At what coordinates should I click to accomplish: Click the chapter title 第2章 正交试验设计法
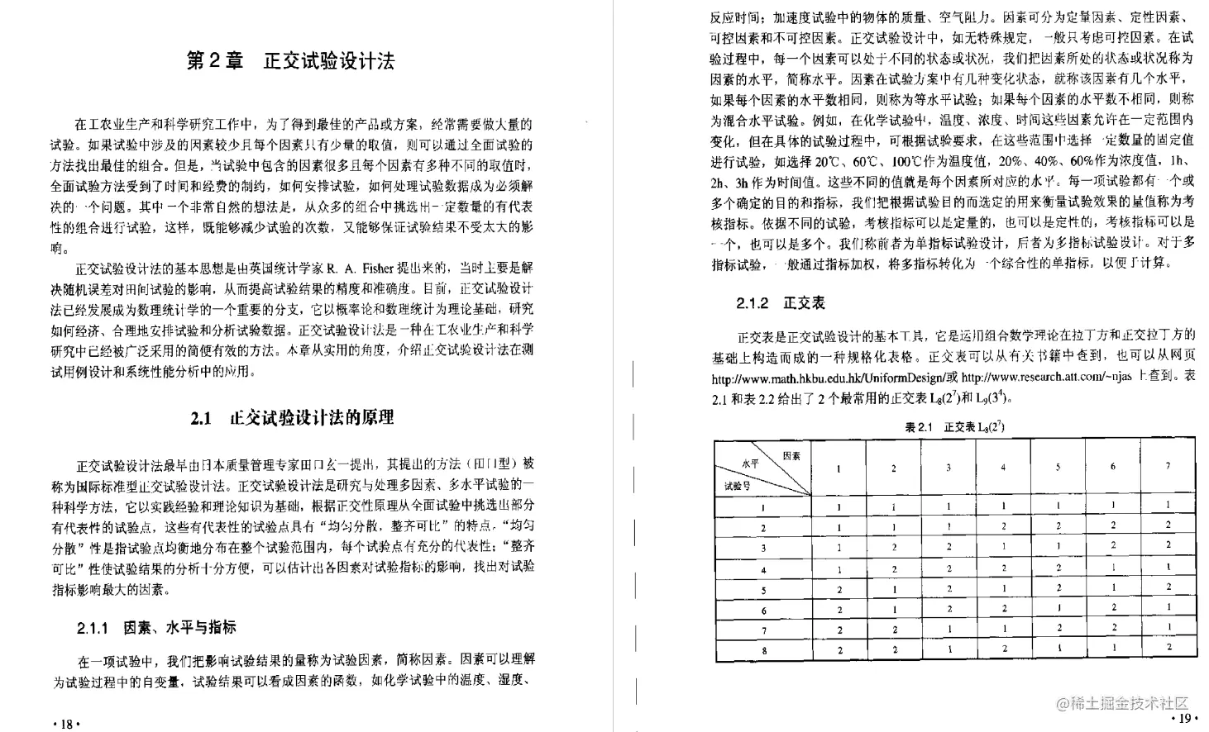click(x=290, y=61)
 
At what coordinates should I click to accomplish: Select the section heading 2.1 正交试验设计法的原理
click(x=292, y=418)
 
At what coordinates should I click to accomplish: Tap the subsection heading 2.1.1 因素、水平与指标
click(x=156, y=627)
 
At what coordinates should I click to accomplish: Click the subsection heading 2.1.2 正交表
click(x=781, y=303)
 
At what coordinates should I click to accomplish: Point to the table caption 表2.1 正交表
click(x=954, y=426)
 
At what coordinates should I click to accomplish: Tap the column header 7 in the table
click(x=1168, y=466)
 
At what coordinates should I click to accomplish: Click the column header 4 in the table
click(x=1003, y=467)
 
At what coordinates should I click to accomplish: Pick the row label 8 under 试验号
click(x=763, y=650)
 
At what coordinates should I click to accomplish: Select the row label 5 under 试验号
click(x=763, y=590)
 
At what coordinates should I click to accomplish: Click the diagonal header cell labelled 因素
click(x=791, y=455)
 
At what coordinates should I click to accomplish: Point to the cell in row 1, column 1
click(x=839, y=506)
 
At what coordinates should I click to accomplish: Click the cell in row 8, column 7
click(x=1168, y=648)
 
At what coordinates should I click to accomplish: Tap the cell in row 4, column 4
click(x=1003, y=568)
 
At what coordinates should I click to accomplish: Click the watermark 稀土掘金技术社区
click(x=1125, y=703)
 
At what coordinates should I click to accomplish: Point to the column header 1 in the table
click(x=839, y=468)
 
